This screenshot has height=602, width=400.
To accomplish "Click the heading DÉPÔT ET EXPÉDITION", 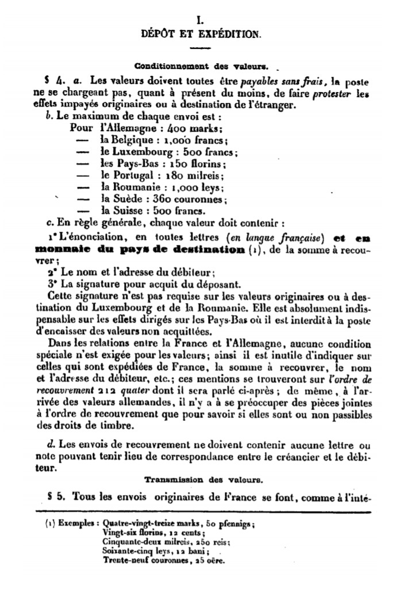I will tap(201, 34).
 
